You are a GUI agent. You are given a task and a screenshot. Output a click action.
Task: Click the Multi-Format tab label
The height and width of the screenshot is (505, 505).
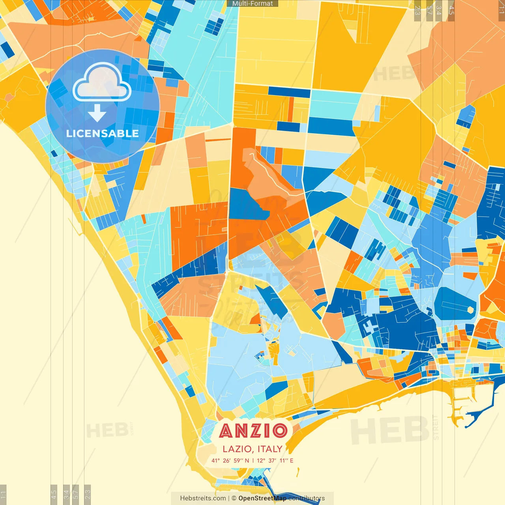click(252, 4)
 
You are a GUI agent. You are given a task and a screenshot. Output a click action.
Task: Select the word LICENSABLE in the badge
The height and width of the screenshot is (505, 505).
click(103, 133)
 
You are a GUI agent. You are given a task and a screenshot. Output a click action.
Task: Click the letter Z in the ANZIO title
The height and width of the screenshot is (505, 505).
click(253, 430)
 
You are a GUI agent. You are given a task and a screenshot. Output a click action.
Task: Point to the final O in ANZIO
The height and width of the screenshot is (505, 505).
click(280, 430)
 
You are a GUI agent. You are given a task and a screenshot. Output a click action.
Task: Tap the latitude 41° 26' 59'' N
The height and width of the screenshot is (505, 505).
click(230, 460)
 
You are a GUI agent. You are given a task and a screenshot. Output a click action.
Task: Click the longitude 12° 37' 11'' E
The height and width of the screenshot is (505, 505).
click(275, 460)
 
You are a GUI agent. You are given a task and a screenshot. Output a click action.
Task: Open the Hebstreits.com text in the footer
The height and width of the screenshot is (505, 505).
click(203, 498)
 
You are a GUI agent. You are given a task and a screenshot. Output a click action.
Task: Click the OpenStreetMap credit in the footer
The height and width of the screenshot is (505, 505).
click(262, 498)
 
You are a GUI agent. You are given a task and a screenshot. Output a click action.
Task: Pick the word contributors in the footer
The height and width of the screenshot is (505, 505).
click(307, 498)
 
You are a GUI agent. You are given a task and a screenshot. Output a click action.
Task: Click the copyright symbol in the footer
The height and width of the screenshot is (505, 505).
click(234, 498)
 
